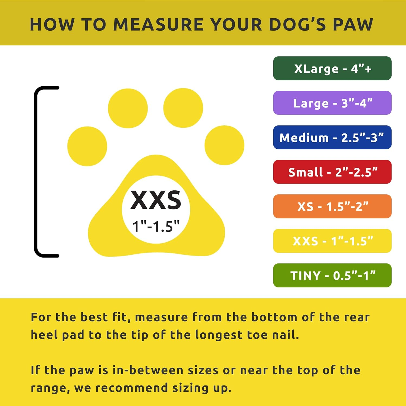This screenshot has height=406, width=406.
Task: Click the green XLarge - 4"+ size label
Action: click(x=332, y=68)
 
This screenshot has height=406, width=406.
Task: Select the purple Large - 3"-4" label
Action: click(x=332, y=103)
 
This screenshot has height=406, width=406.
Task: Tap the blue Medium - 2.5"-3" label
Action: click(x=332, y=137)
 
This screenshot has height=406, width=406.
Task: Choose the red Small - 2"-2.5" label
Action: click(x=332, y=172)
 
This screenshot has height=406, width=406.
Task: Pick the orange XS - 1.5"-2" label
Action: click(x=332, y=207)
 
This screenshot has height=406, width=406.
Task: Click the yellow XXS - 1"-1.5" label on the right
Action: click(x=332, y=241)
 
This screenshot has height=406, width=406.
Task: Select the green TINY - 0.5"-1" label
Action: click(x=332, y=276)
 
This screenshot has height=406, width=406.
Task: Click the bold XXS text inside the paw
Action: click(x=156, y=200)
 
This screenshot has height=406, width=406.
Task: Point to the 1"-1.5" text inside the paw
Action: click(x=156, y=226)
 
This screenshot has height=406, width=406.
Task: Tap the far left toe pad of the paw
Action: click(x=87, y=146)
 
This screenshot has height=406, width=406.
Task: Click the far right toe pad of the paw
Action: click(x=224, y=145)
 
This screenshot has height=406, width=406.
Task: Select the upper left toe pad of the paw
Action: click(x=128, y=108)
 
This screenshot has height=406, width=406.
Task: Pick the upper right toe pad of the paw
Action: click(x=183, y=108)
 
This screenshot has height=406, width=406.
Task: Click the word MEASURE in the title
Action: click(x=158, y=25)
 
